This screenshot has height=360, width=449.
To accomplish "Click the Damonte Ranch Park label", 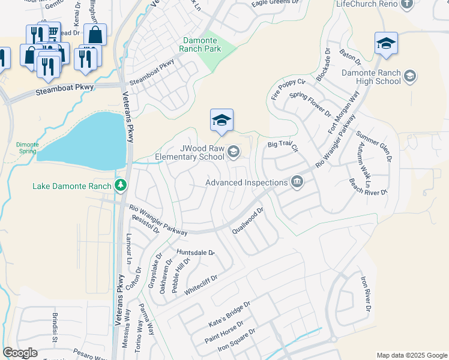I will [202, 44].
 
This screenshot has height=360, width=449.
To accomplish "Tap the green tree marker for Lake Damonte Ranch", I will [121, 186].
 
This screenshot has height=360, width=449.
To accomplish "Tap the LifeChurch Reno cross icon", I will [407, 4].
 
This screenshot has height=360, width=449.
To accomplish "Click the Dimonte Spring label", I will [26, 148].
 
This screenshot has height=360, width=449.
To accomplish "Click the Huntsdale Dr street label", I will [195, 253].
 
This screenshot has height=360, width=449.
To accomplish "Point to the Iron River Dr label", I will [366, 294].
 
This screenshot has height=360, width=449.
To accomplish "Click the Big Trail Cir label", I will [283, 145].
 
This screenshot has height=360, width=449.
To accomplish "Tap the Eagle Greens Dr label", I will [274, 3].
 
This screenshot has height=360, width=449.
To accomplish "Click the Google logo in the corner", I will [20, 353].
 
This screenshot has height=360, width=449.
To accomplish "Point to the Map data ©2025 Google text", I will [411, 355].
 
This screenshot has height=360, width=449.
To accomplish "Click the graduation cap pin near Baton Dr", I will [386, 43].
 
